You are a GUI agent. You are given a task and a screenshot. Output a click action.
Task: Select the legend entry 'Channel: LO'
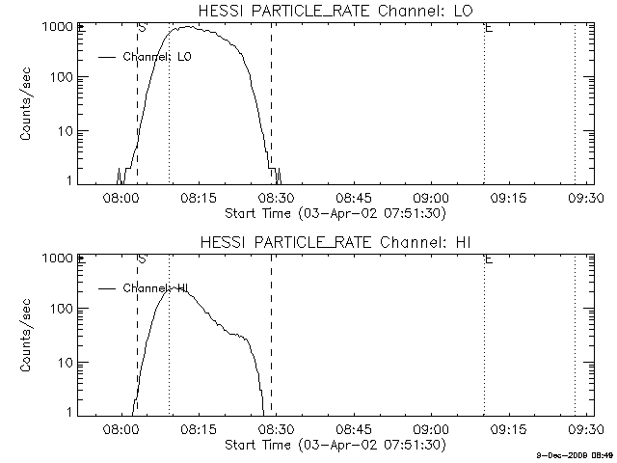tap(157, 57)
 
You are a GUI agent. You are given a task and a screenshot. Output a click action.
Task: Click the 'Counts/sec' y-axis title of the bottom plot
tap(28, 338)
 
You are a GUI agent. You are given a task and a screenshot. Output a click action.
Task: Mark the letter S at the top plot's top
tap(142, 28)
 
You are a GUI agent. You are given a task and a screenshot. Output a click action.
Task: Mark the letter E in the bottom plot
tap(489, 259)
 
